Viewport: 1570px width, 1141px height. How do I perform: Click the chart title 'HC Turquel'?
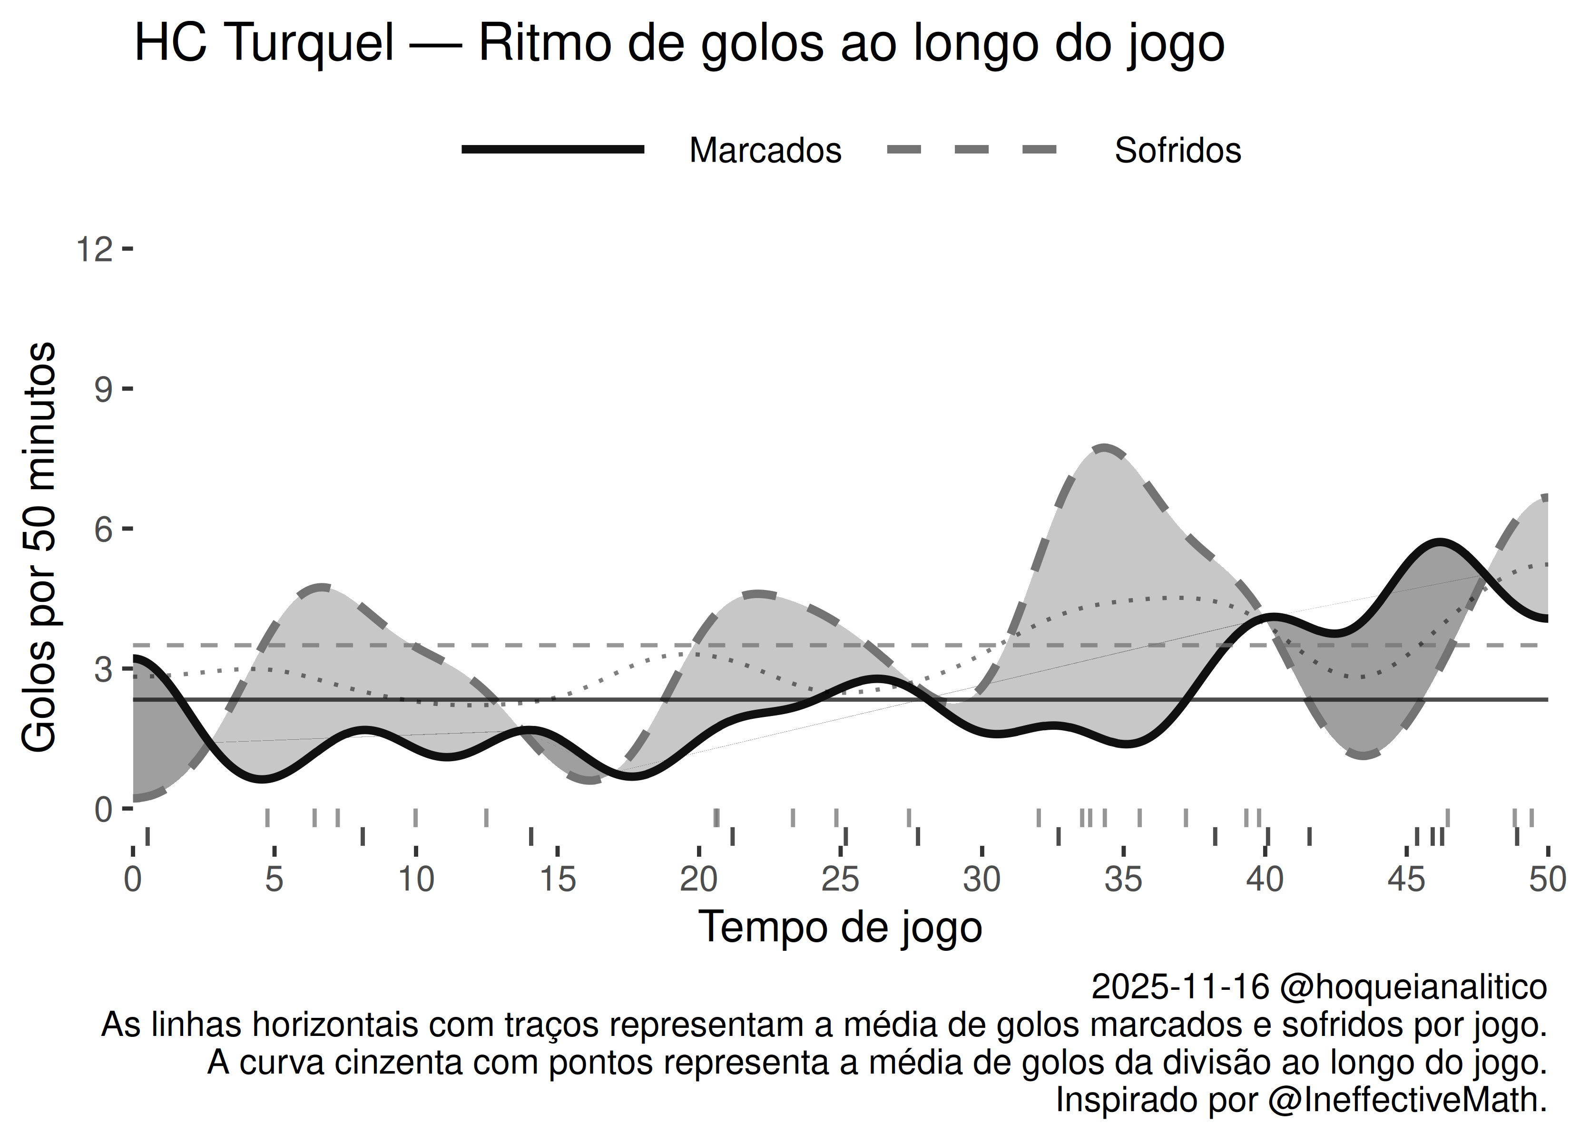tap(264, 43)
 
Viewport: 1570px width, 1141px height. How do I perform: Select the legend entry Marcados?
tap(765, 150)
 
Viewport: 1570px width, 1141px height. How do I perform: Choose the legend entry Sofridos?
tap(1177, 150)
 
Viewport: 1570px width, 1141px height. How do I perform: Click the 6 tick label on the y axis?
tap(103, 530)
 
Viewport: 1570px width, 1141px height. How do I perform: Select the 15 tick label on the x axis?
tap(557, 880)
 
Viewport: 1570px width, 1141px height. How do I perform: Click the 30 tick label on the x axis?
tap(981, 880)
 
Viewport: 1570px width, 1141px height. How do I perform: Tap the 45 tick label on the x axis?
tap(1406, 880)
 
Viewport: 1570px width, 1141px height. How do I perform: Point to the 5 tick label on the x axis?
tap(274, 880)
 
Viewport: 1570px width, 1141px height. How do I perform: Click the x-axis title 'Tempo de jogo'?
tap(840, 927)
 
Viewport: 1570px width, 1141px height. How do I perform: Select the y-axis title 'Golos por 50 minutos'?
tap(39, 547)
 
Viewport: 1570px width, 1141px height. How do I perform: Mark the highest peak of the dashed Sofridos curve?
tap(1103, 448)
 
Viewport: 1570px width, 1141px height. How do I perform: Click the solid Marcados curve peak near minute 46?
tap(1439, 542)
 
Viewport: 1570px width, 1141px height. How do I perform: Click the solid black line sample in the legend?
tap(553, 149)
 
